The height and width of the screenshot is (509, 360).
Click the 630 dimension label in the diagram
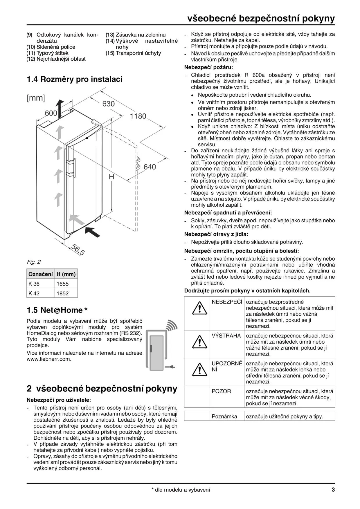pos(108,104)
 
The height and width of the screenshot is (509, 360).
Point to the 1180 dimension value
pos(138,116)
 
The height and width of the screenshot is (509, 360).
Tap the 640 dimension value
pos(150,167)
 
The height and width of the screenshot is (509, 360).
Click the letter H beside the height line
pos(111,177)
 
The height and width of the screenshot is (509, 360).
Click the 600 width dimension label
pos(51,113)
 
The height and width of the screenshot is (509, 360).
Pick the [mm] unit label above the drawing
pos(36,98)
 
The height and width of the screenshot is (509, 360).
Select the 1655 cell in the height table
pos(62,284)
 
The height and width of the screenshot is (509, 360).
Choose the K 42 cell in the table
pos(34,293)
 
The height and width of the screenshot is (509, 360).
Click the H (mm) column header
pos(66,274)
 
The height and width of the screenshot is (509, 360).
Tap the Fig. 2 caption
pos(34,262)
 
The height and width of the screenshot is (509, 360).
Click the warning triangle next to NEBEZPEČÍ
pos(199,308)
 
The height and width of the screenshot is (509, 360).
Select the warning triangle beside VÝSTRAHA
pos(199,342)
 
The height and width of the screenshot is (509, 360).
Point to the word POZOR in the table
pos(221,391)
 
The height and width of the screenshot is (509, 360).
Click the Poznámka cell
pos(224,416)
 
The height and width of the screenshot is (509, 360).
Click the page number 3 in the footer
pos(333,490)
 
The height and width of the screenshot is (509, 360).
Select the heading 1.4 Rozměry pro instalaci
pos(75,79)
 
